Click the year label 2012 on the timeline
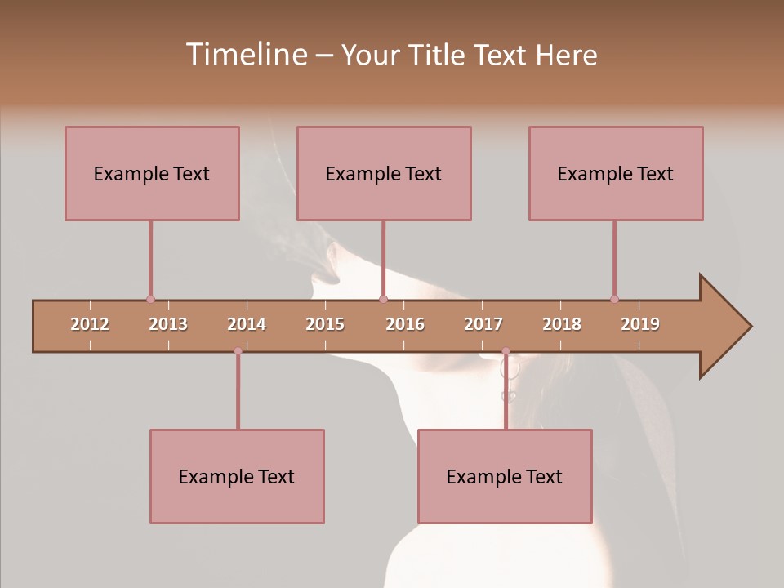click(x=90, y=324)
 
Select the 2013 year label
click(x=168, y=324)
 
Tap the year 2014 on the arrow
click(x=247, y=324)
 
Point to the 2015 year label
click(x=325, y=324)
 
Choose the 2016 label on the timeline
click(x=405, y=324)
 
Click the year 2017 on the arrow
click(x=483, y=324)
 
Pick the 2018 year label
click(x=562, y=324)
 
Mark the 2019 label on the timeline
click(x=640, y=324)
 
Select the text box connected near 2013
click(x=152, y=173)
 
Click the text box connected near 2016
click(x=384, y=173)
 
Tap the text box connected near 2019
click(x=616, y=173)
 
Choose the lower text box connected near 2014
click(x=237, y=476)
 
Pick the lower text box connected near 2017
click(x=505, y=476)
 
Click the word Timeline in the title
click(x=245, y=55)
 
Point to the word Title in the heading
click(x=438, y=55)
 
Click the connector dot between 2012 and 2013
click(x=150, y=299)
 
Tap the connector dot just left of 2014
click(x=238, y=351)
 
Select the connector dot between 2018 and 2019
click(x=614, y=299)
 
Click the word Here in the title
click(x=566, y=55)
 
